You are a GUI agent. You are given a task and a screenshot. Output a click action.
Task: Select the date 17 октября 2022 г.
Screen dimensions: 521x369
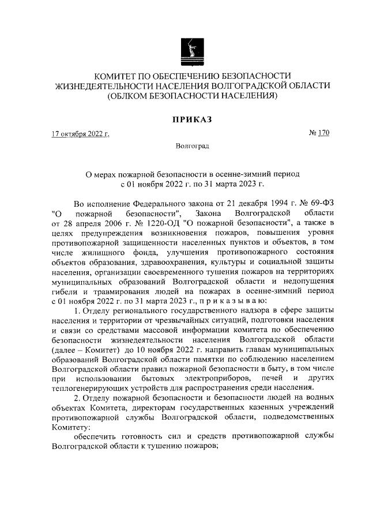80,134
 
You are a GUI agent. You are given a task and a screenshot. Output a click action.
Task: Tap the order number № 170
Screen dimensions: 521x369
319,134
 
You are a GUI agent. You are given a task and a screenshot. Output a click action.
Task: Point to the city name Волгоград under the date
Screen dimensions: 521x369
193,148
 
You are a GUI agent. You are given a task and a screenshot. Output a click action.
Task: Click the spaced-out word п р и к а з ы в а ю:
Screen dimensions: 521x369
232,300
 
